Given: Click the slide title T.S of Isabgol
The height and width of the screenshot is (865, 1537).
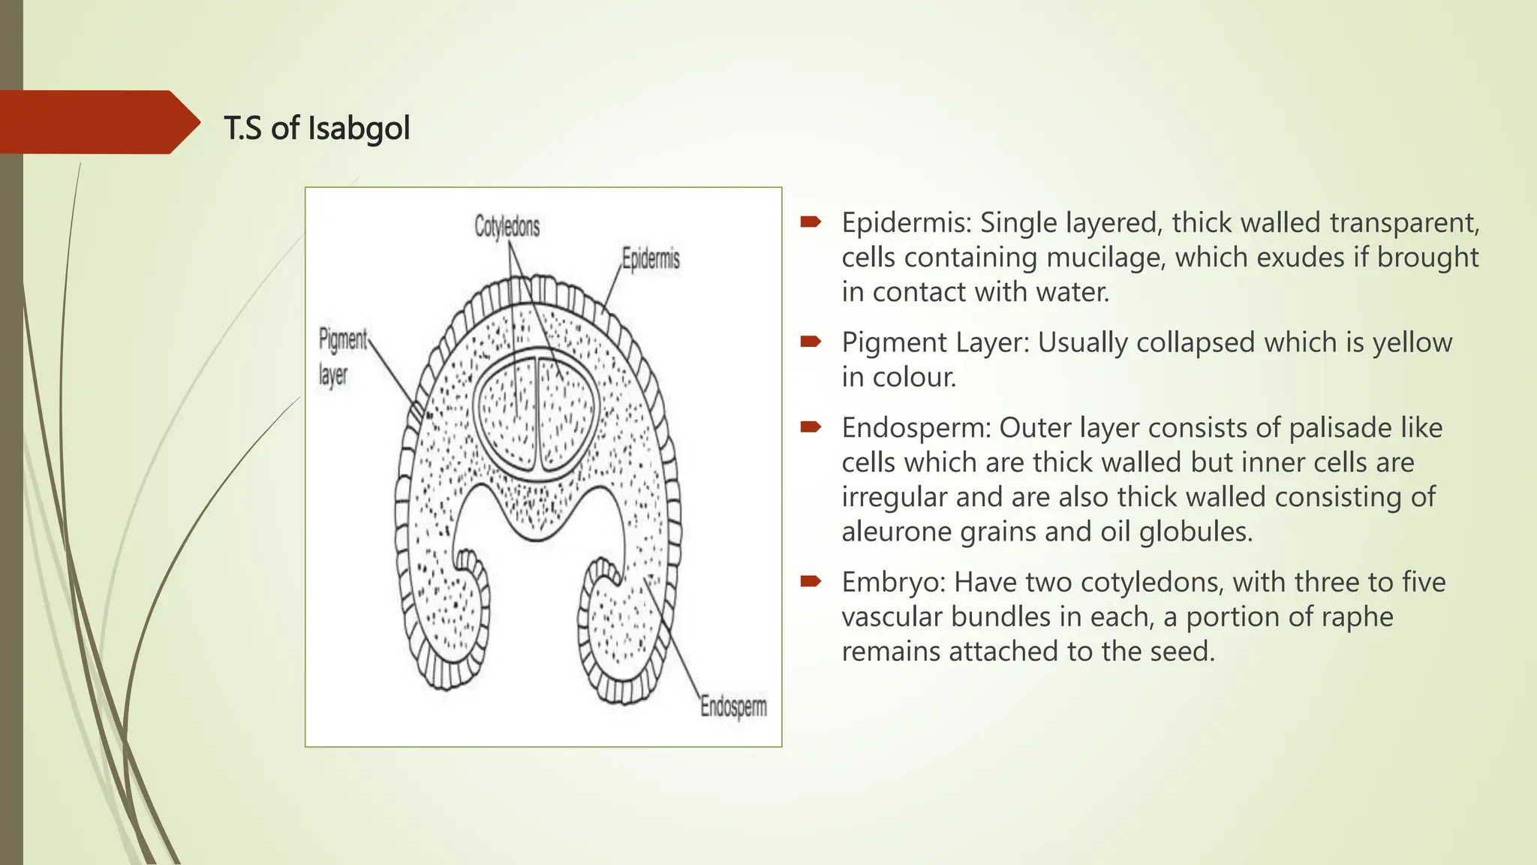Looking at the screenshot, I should pyautogui.click(x=317, y=128).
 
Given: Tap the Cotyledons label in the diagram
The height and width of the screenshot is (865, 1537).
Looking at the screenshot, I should pyautogui.click(x=507, y=226).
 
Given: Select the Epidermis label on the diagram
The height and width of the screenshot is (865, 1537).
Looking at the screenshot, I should pyautogui.click(x=651, y=259).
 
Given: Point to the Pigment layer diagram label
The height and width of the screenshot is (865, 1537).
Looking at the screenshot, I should pyautogui.click(x=342, y=357).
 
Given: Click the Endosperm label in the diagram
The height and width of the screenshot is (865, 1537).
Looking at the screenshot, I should pyautogui.click(x=733, y=707).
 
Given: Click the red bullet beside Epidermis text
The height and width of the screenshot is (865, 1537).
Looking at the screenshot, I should pyautogui.click(x=811, y=222).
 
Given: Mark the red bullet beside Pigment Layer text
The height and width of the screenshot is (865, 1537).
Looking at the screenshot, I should pyautogui.click(x=811, y=342).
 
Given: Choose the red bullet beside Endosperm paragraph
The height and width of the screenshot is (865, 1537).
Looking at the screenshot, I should pyautogui.click(x=811, y=428).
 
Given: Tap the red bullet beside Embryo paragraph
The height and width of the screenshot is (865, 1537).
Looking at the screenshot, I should pyautogui.click(x=811, y=582).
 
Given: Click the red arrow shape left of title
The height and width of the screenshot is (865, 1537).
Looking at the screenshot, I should pyautogui.click(x=98, y=122).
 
